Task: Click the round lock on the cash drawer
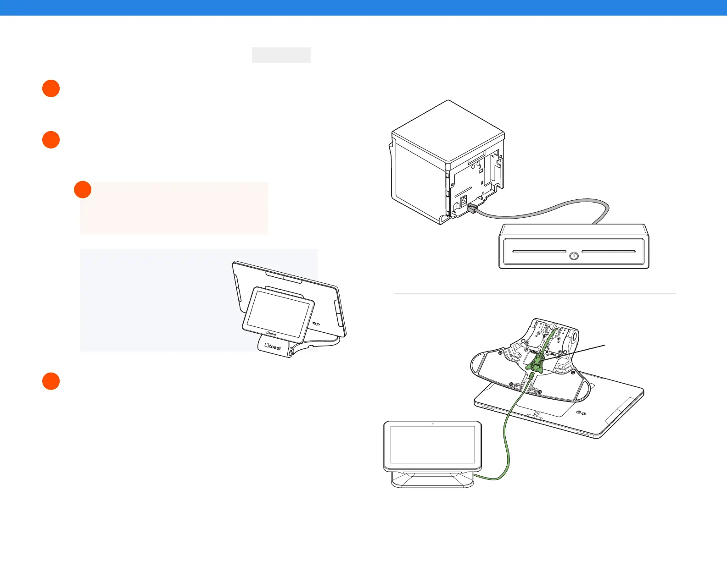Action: click(574, 256)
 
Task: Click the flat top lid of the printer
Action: click(448, 131)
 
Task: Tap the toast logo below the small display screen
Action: click(271, 333)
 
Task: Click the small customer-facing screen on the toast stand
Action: click(278, 311)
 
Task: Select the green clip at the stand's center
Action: click(535, 365)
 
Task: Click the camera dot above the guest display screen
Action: click(433, 423)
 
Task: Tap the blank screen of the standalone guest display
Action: click(432, 445)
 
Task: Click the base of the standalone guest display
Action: click(432, 480)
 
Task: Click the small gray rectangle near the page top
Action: click(281, 55)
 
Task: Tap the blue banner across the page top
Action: click(363, 8)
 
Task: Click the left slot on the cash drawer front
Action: click(539, 252)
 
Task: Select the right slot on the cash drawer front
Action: click(609, 252)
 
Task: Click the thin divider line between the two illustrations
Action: click(535, 293)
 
